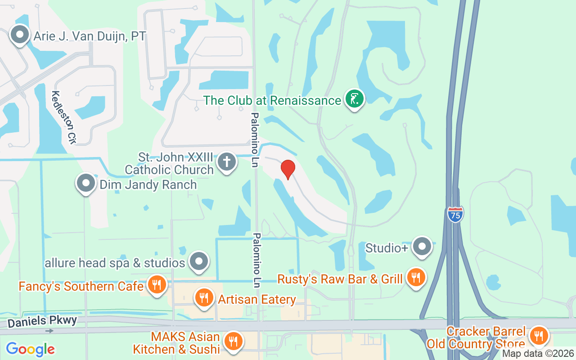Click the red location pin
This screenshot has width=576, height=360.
[288, 169]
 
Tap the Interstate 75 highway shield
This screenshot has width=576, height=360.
[455, 214]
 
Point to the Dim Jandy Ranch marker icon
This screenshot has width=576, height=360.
[85, 183]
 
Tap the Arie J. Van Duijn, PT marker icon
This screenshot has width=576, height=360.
[20, 35]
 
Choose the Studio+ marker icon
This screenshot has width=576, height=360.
[422, 247]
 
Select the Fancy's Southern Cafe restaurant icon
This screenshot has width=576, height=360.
[156, 285]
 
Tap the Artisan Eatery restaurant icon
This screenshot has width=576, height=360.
[204, 297]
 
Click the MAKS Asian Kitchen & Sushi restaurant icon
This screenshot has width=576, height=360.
[233, 341]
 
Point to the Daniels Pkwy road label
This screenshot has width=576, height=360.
[42, 321]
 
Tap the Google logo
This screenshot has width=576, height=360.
[30, 349]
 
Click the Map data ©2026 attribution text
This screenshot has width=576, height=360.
[538, 354]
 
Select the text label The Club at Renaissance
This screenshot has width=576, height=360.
[272, 100]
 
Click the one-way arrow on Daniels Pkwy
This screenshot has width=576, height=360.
[49, 331]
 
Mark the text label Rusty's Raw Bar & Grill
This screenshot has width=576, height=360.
[340, 279]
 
